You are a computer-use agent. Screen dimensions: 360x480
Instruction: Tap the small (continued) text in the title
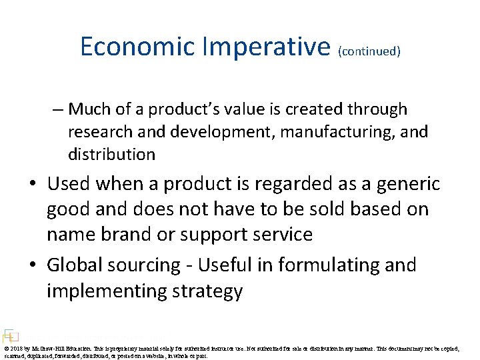point(369,51)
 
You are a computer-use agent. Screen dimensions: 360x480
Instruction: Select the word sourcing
point(144,266)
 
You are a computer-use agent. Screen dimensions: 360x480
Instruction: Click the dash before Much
point(60,109)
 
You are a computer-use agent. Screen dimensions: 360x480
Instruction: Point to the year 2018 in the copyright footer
point(18,349)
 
